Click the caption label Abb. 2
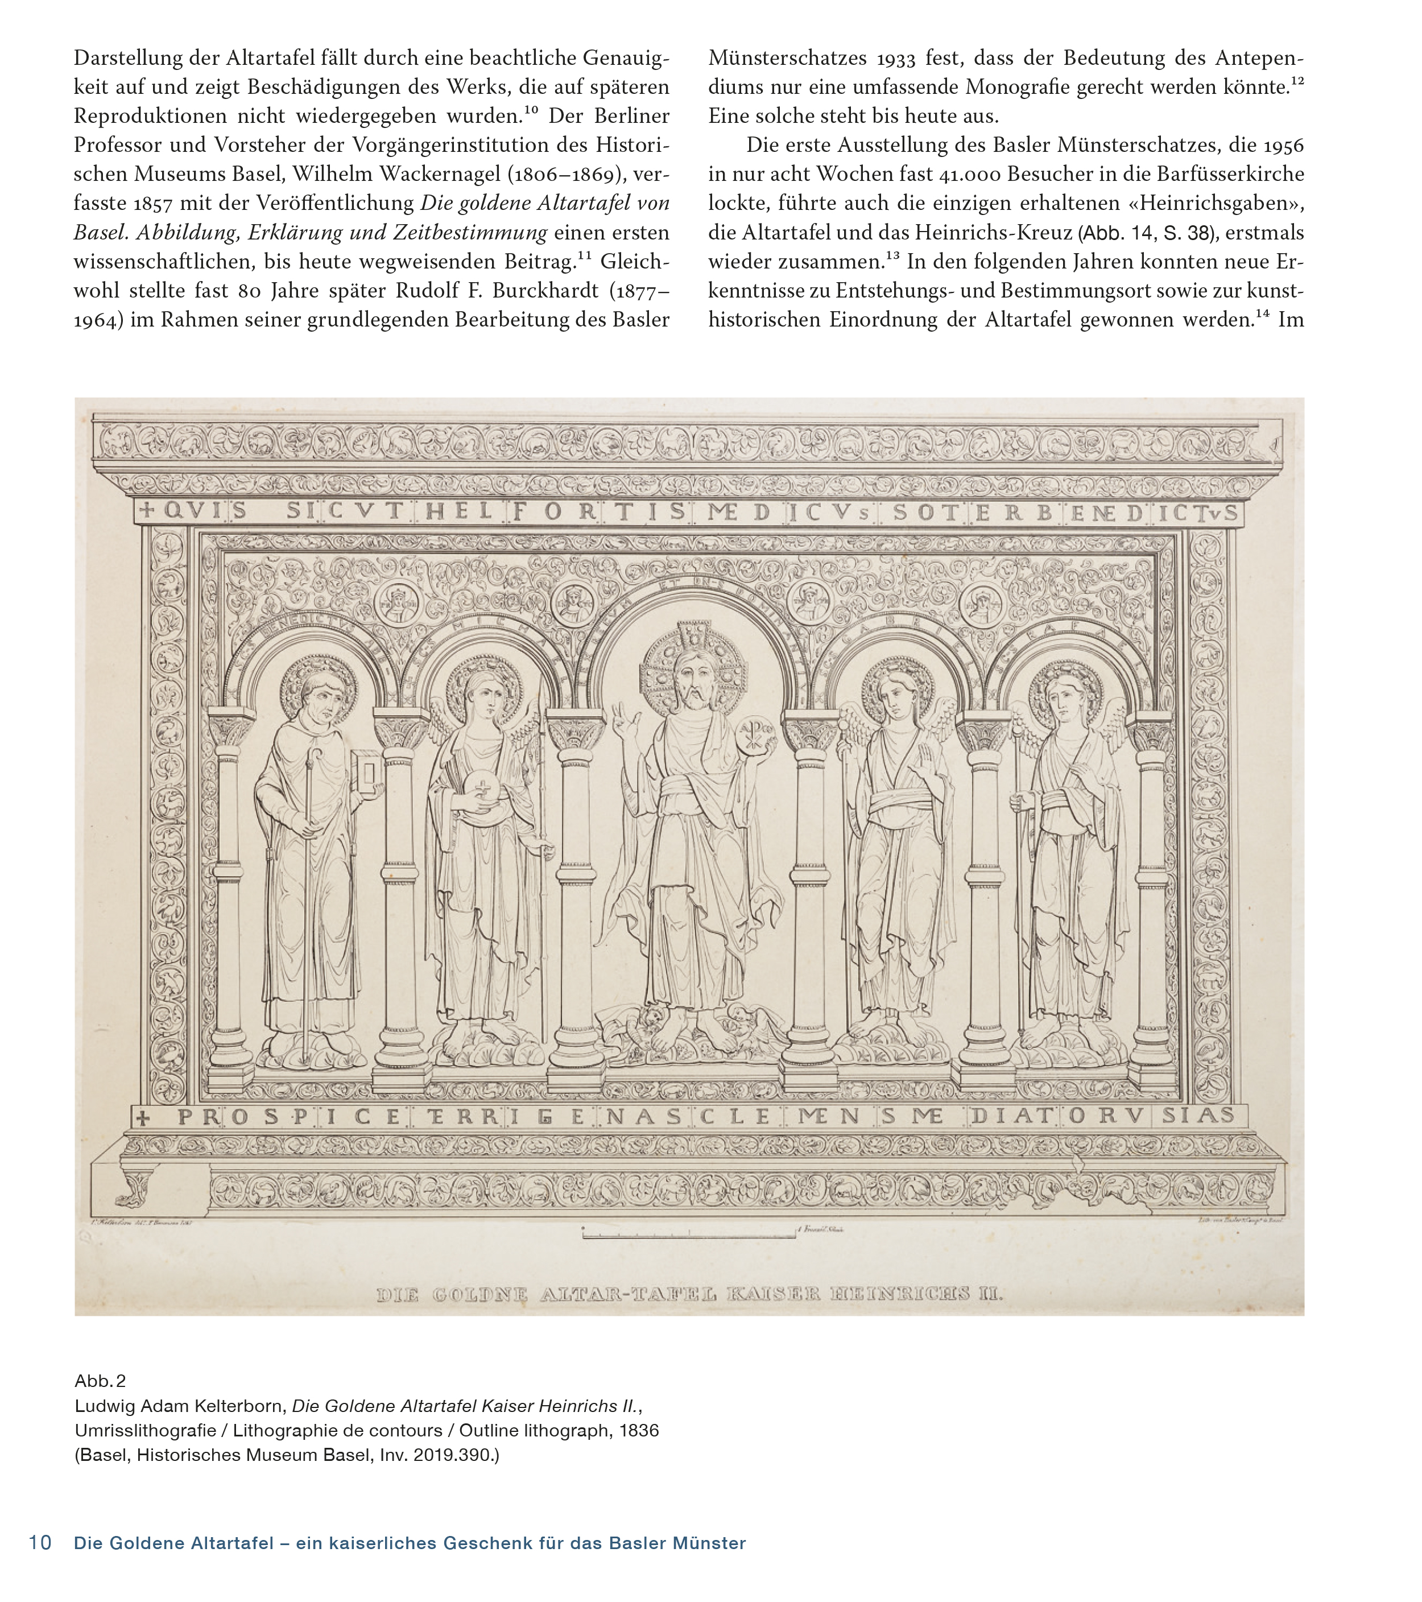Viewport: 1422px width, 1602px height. click(100, 1380)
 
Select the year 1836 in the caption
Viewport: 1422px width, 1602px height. click(639, 1430)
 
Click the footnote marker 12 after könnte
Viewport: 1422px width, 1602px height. click(1297, 80)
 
